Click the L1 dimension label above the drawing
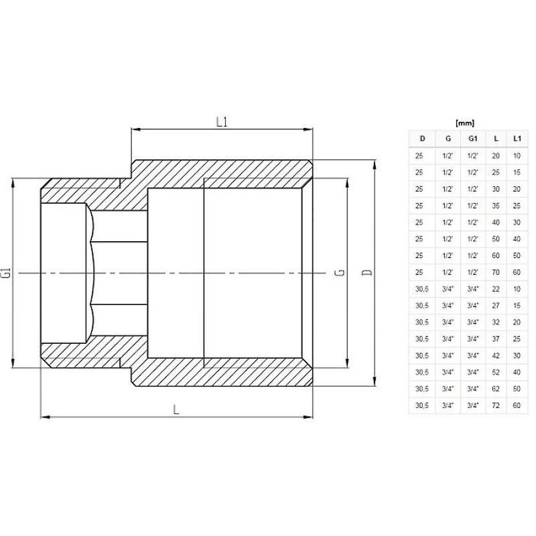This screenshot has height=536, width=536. [222, 122]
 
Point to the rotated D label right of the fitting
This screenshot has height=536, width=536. [367, 273]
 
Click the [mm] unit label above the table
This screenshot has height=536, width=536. [464, 123]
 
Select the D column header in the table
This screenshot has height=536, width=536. [422, 139]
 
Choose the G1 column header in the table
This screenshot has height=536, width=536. [473, 139]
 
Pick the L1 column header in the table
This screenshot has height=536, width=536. [517, 139]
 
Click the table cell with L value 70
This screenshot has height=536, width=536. [496, 272]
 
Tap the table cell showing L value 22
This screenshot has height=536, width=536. [496, 289]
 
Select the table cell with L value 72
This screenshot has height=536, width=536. [496, 405]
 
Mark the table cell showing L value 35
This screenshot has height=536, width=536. [496, 206]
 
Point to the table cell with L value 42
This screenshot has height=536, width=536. [496, 356]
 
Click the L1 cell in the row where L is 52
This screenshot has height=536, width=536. [517, 372]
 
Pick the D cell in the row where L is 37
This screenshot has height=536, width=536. [422, 339]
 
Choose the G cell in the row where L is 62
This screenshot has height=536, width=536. [448, 389]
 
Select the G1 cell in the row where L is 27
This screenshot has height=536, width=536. [473, 306]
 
